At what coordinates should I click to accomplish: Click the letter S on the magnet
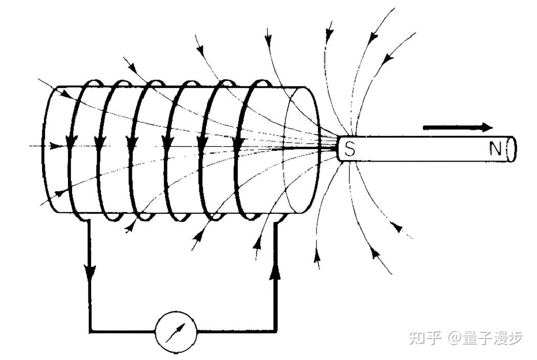[x=350, y=149]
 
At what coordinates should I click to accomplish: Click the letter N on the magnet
[x=495, y=148]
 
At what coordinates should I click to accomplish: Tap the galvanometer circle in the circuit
[x=176, y=331]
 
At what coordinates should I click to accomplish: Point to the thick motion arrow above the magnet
[x=458, y=127]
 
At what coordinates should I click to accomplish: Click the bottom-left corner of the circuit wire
[x=91, y=331]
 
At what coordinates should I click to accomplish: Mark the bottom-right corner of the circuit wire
[x=277, y=331]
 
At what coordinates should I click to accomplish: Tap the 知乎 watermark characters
[x=425, y=338]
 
